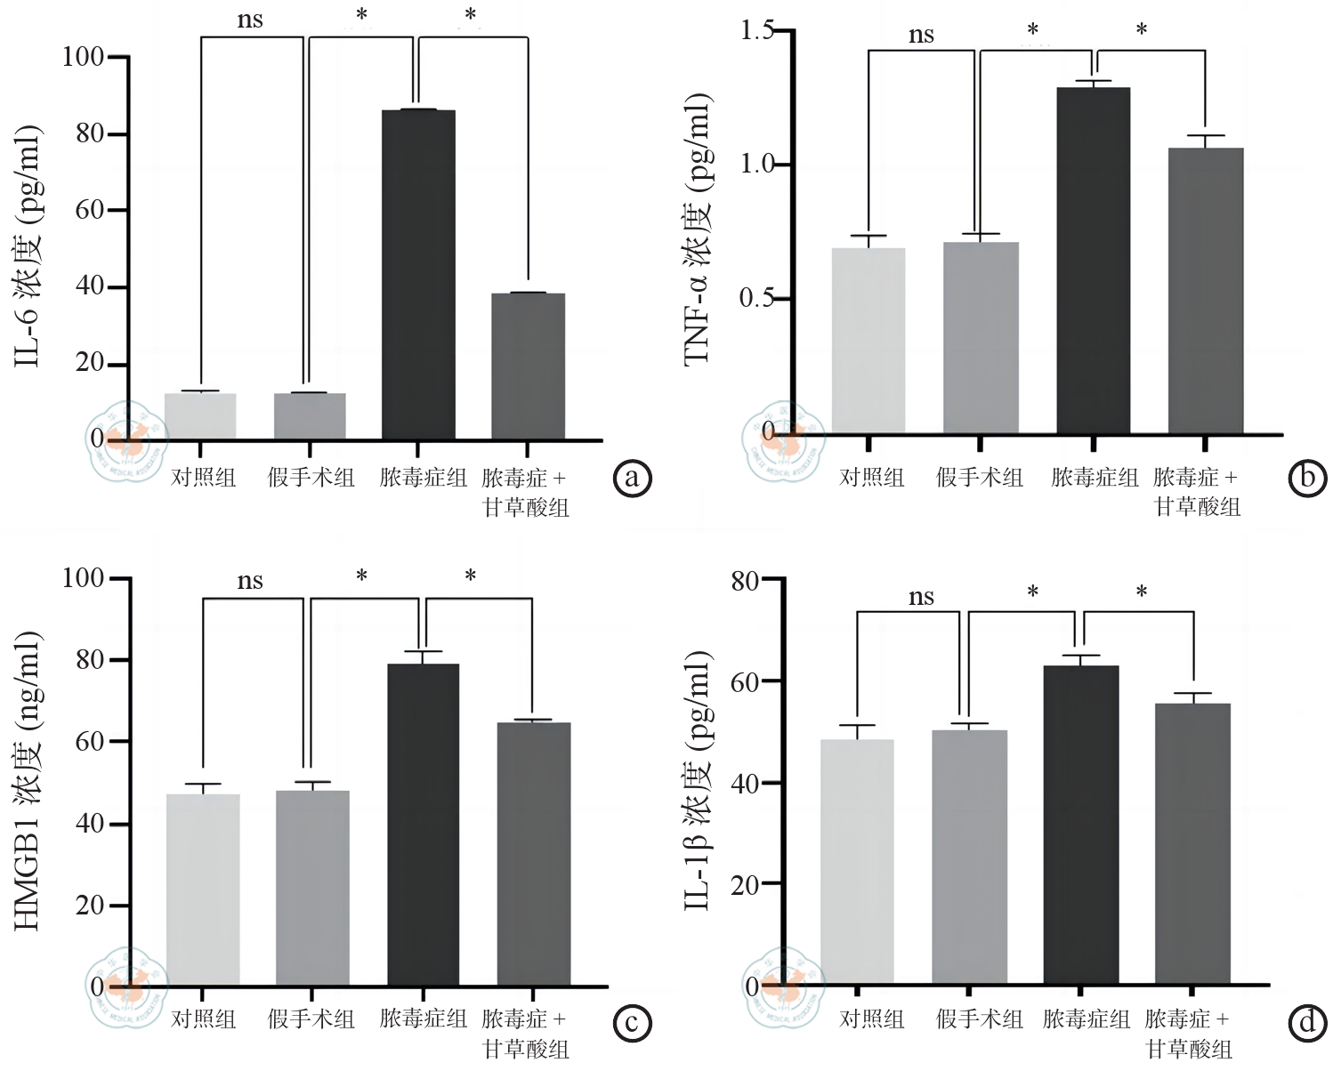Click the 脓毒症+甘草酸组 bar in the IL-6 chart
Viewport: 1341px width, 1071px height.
(x=528, y=366)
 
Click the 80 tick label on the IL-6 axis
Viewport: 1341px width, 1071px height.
(x=90, y=134)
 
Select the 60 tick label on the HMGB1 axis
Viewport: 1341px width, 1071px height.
(x=90, y=742)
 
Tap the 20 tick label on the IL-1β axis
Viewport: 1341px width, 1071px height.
(x=745, y=885)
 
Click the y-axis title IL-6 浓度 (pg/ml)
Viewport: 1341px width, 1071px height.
(x=28, y=246)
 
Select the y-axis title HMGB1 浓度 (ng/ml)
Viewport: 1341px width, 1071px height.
(x=28, y=780)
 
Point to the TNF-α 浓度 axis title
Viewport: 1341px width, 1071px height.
(x=698, y=229)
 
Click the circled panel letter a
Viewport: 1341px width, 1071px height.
(x=633, y=479)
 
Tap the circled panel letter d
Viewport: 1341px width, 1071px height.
(x=1306, y=1023)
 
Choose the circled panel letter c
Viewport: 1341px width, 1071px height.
(x=633, y=1023)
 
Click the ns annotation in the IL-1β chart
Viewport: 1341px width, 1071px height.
(x=921, y=597)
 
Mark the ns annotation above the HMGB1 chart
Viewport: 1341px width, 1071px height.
(x=250, y=582)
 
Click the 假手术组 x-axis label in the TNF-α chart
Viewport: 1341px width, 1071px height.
(x=980, y=479)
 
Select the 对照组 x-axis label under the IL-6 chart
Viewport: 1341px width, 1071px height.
(x=204, y=479)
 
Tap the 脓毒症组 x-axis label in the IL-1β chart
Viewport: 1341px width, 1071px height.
(x=1087, y=1019)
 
